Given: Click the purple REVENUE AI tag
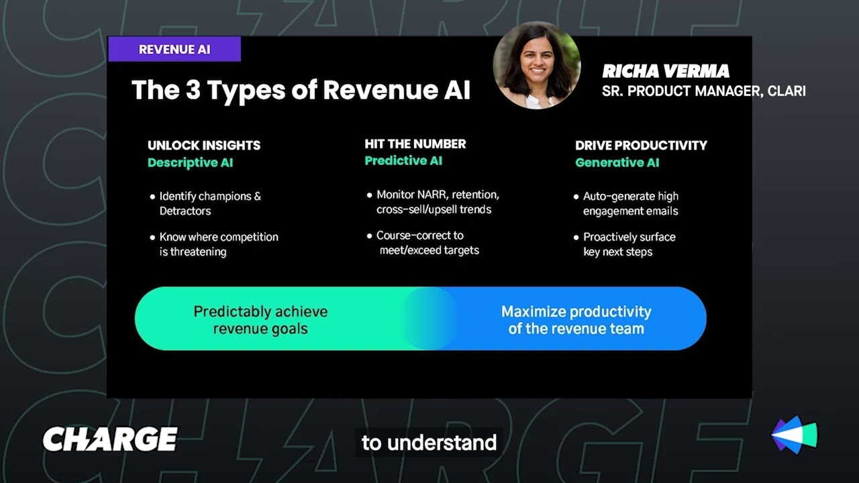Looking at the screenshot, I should [174, 50].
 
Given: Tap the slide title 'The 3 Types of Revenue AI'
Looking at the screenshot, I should [301, 90].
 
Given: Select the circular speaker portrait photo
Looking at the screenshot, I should [537, 65].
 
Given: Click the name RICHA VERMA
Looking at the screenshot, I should [665, 71].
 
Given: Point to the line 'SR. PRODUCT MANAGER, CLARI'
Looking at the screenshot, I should [703, 91].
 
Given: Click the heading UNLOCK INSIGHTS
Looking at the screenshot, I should [204, 145].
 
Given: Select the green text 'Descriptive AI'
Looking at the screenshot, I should [190, 162].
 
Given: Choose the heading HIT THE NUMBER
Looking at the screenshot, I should [415, 144].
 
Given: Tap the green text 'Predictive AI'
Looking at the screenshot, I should [403, 160].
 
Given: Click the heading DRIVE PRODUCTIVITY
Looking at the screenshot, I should [641, 145].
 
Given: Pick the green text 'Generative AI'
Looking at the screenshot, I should [617, 162].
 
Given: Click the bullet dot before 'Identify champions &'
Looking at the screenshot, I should [152, 197].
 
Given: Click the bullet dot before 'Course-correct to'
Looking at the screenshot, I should [369, 236].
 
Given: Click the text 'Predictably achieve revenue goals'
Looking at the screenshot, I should [260, 320].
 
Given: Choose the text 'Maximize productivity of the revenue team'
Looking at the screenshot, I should [576, 320].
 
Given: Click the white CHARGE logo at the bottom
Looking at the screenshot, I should [110, 439].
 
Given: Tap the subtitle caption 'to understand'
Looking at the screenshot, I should [429, 443].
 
